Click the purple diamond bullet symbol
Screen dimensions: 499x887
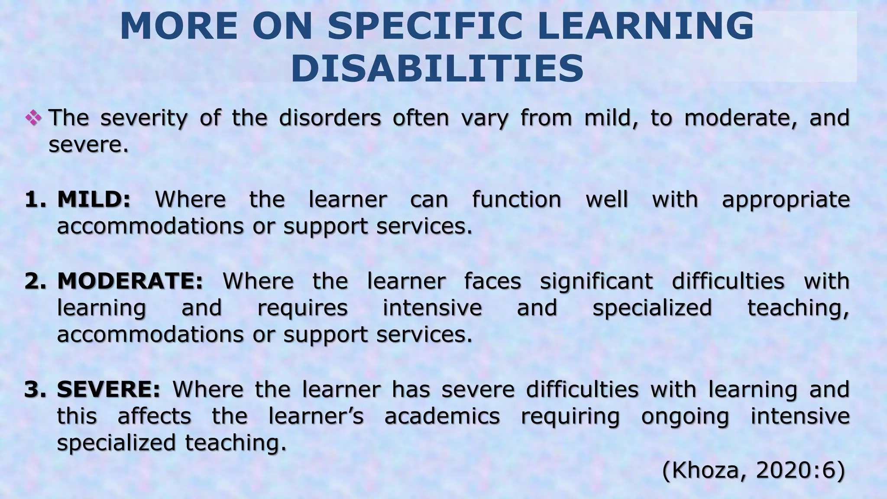34,117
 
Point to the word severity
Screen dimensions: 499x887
144,118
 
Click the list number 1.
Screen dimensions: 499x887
36,200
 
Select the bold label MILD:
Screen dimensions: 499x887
94,200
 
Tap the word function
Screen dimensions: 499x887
516,200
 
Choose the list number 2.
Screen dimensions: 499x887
36,281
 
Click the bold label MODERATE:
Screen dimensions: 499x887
130,281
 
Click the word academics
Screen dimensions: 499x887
442,416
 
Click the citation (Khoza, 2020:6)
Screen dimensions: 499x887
754,470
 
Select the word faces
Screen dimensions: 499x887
492,281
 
